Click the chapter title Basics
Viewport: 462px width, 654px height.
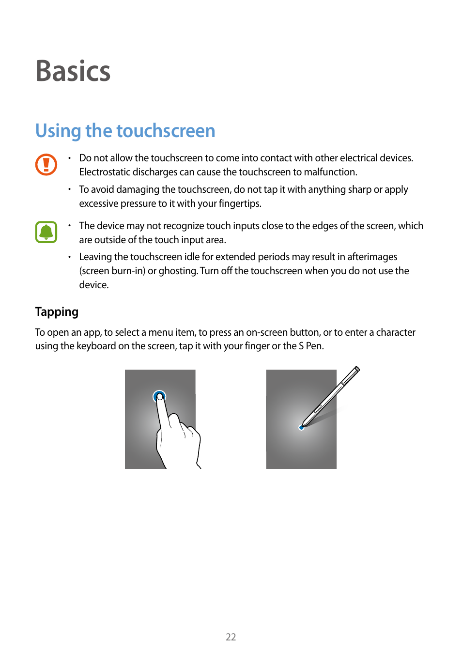point(73,71)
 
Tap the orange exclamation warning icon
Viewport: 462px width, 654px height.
point(46,165)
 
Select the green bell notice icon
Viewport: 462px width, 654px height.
point(46,232)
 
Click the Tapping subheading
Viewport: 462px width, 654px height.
point(57,311)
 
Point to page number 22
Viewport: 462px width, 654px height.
point(231,637)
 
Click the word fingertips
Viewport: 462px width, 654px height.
point(239,203)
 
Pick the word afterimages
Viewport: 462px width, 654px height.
point(372,257)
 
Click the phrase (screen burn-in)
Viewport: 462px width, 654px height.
point(112,271)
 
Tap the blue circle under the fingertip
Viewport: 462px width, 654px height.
point(159,396)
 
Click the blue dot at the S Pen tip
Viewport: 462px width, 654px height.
point(302,428)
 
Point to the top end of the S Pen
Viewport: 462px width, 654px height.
point(357,369)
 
